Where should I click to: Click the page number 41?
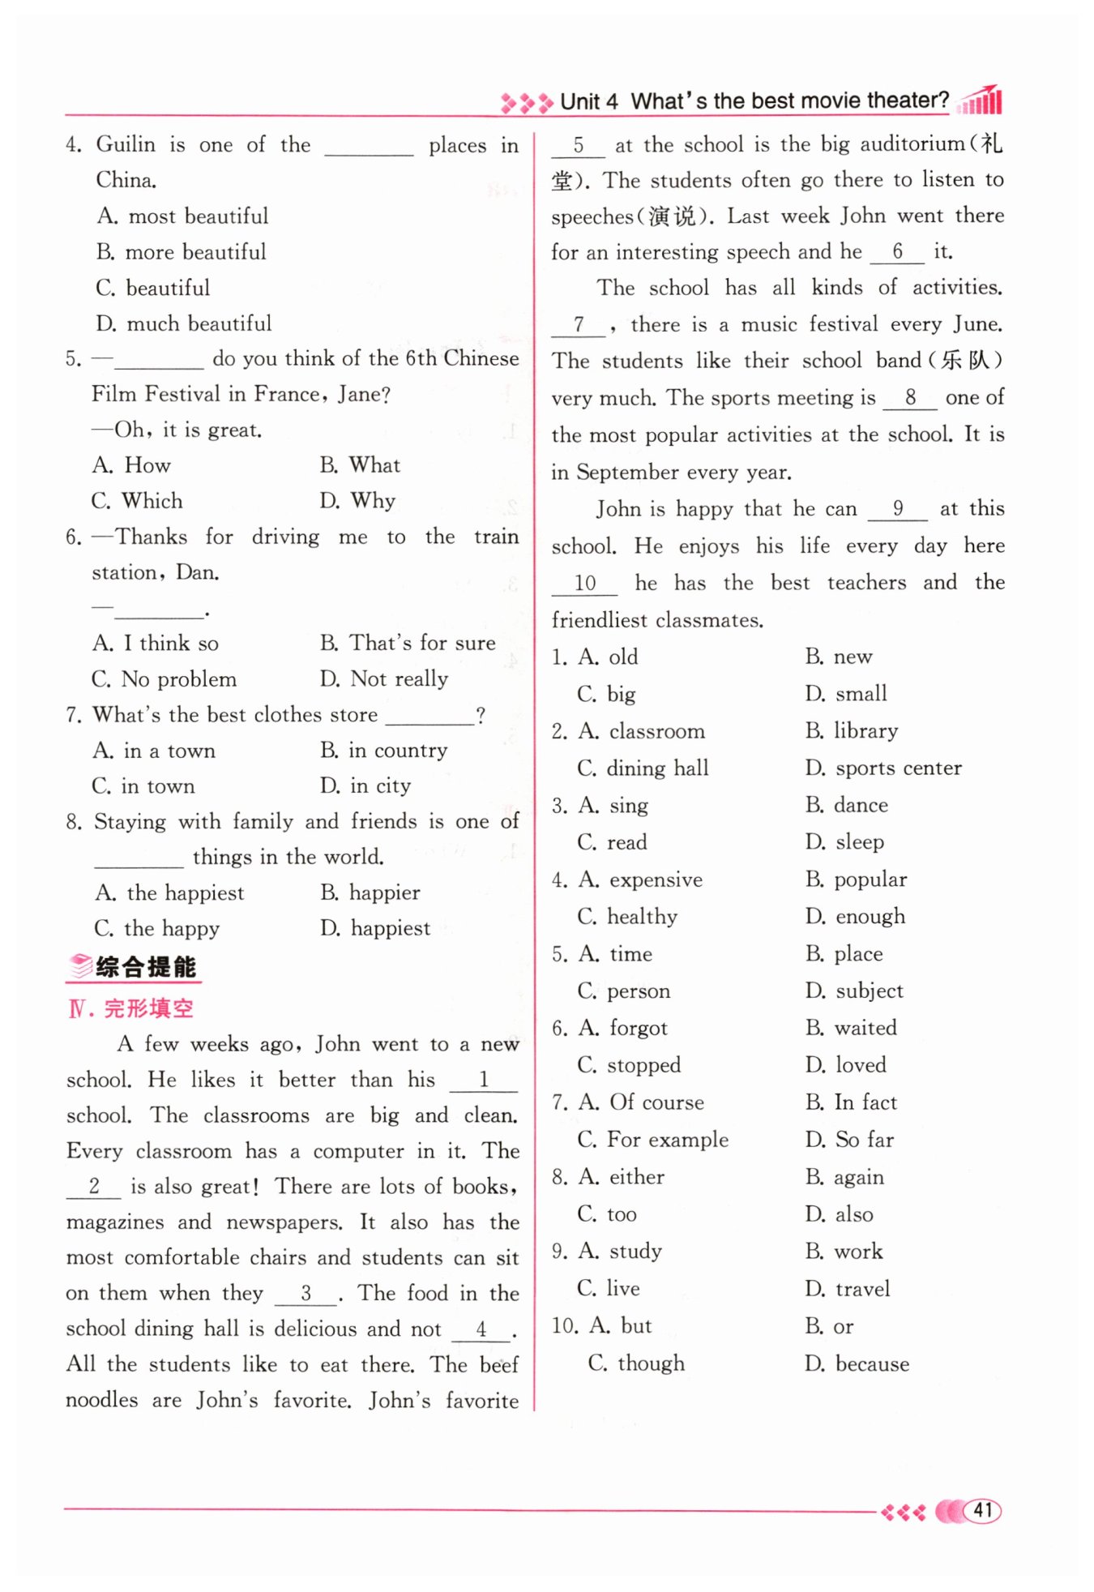pos(982,1510)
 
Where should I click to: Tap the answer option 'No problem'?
pos(178,678)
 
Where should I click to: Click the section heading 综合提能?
pos(145,966)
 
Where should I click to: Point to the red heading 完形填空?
pos(148,1008)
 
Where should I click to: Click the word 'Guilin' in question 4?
pos(126,144)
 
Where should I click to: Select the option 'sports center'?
pos(898,768)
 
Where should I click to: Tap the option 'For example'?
pos(668,1140)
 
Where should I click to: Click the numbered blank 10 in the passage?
pos(584,584)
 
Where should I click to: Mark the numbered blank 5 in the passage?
pos(578,146)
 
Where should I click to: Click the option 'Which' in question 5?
pos(152,501)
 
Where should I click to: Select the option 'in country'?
pos(397,751)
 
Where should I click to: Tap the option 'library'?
pos(865,731)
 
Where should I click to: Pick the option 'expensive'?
pos(656,879)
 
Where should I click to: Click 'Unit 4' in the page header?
pos(589,101)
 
